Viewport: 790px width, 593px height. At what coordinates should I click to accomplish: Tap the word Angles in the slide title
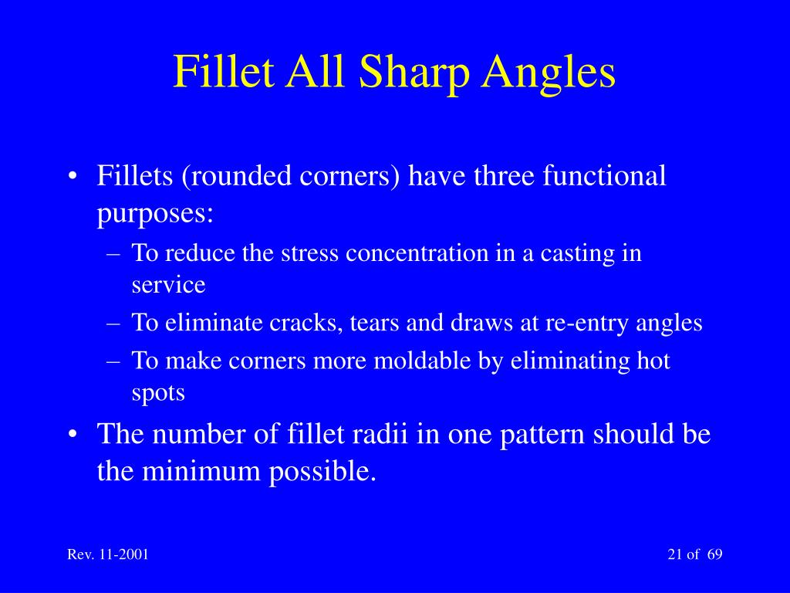pyautogui.click(x=550, y=73)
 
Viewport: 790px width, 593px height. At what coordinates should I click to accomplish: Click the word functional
pyautogui.click(x=604, y=176)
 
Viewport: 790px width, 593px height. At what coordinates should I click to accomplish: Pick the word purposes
pyautogui.click(x=154, y=214)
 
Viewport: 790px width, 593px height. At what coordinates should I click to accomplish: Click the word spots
pyautogui.click(x=158, y=392)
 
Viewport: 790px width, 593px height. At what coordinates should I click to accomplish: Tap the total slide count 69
pyautogui.click(x=714, y=555)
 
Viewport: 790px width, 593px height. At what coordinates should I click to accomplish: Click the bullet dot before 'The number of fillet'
pyautogui.click(x=73, y=435)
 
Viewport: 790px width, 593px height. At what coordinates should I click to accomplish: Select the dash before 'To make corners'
pyautogui.click(x=113, y=361)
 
